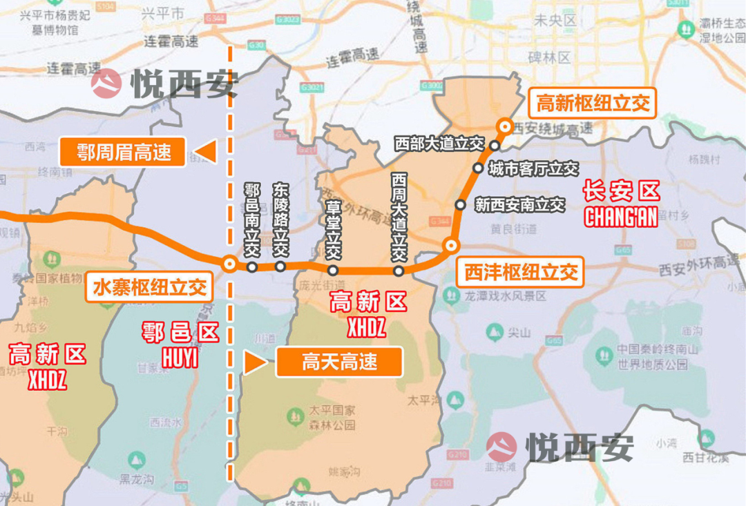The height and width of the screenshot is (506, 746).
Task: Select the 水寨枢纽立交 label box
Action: click(149, 286)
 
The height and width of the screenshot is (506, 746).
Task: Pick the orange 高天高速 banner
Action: click(339, 362)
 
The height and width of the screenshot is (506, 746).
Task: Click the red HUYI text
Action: click(180, 358)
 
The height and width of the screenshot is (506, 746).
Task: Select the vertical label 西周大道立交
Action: click(399, 217)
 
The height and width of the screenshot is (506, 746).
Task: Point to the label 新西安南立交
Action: click(520, 205)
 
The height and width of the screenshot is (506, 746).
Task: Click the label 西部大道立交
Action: click(439, 144)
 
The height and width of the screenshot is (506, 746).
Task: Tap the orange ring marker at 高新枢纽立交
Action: click(505, 126)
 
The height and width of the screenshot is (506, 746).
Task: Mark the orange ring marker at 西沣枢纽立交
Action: click(451, 245)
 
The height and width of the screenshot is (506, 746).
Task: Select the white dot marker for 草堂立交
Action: click(333, 271)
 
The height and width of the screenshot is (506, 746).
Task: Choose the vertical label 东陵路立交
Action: click(280, 220)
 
